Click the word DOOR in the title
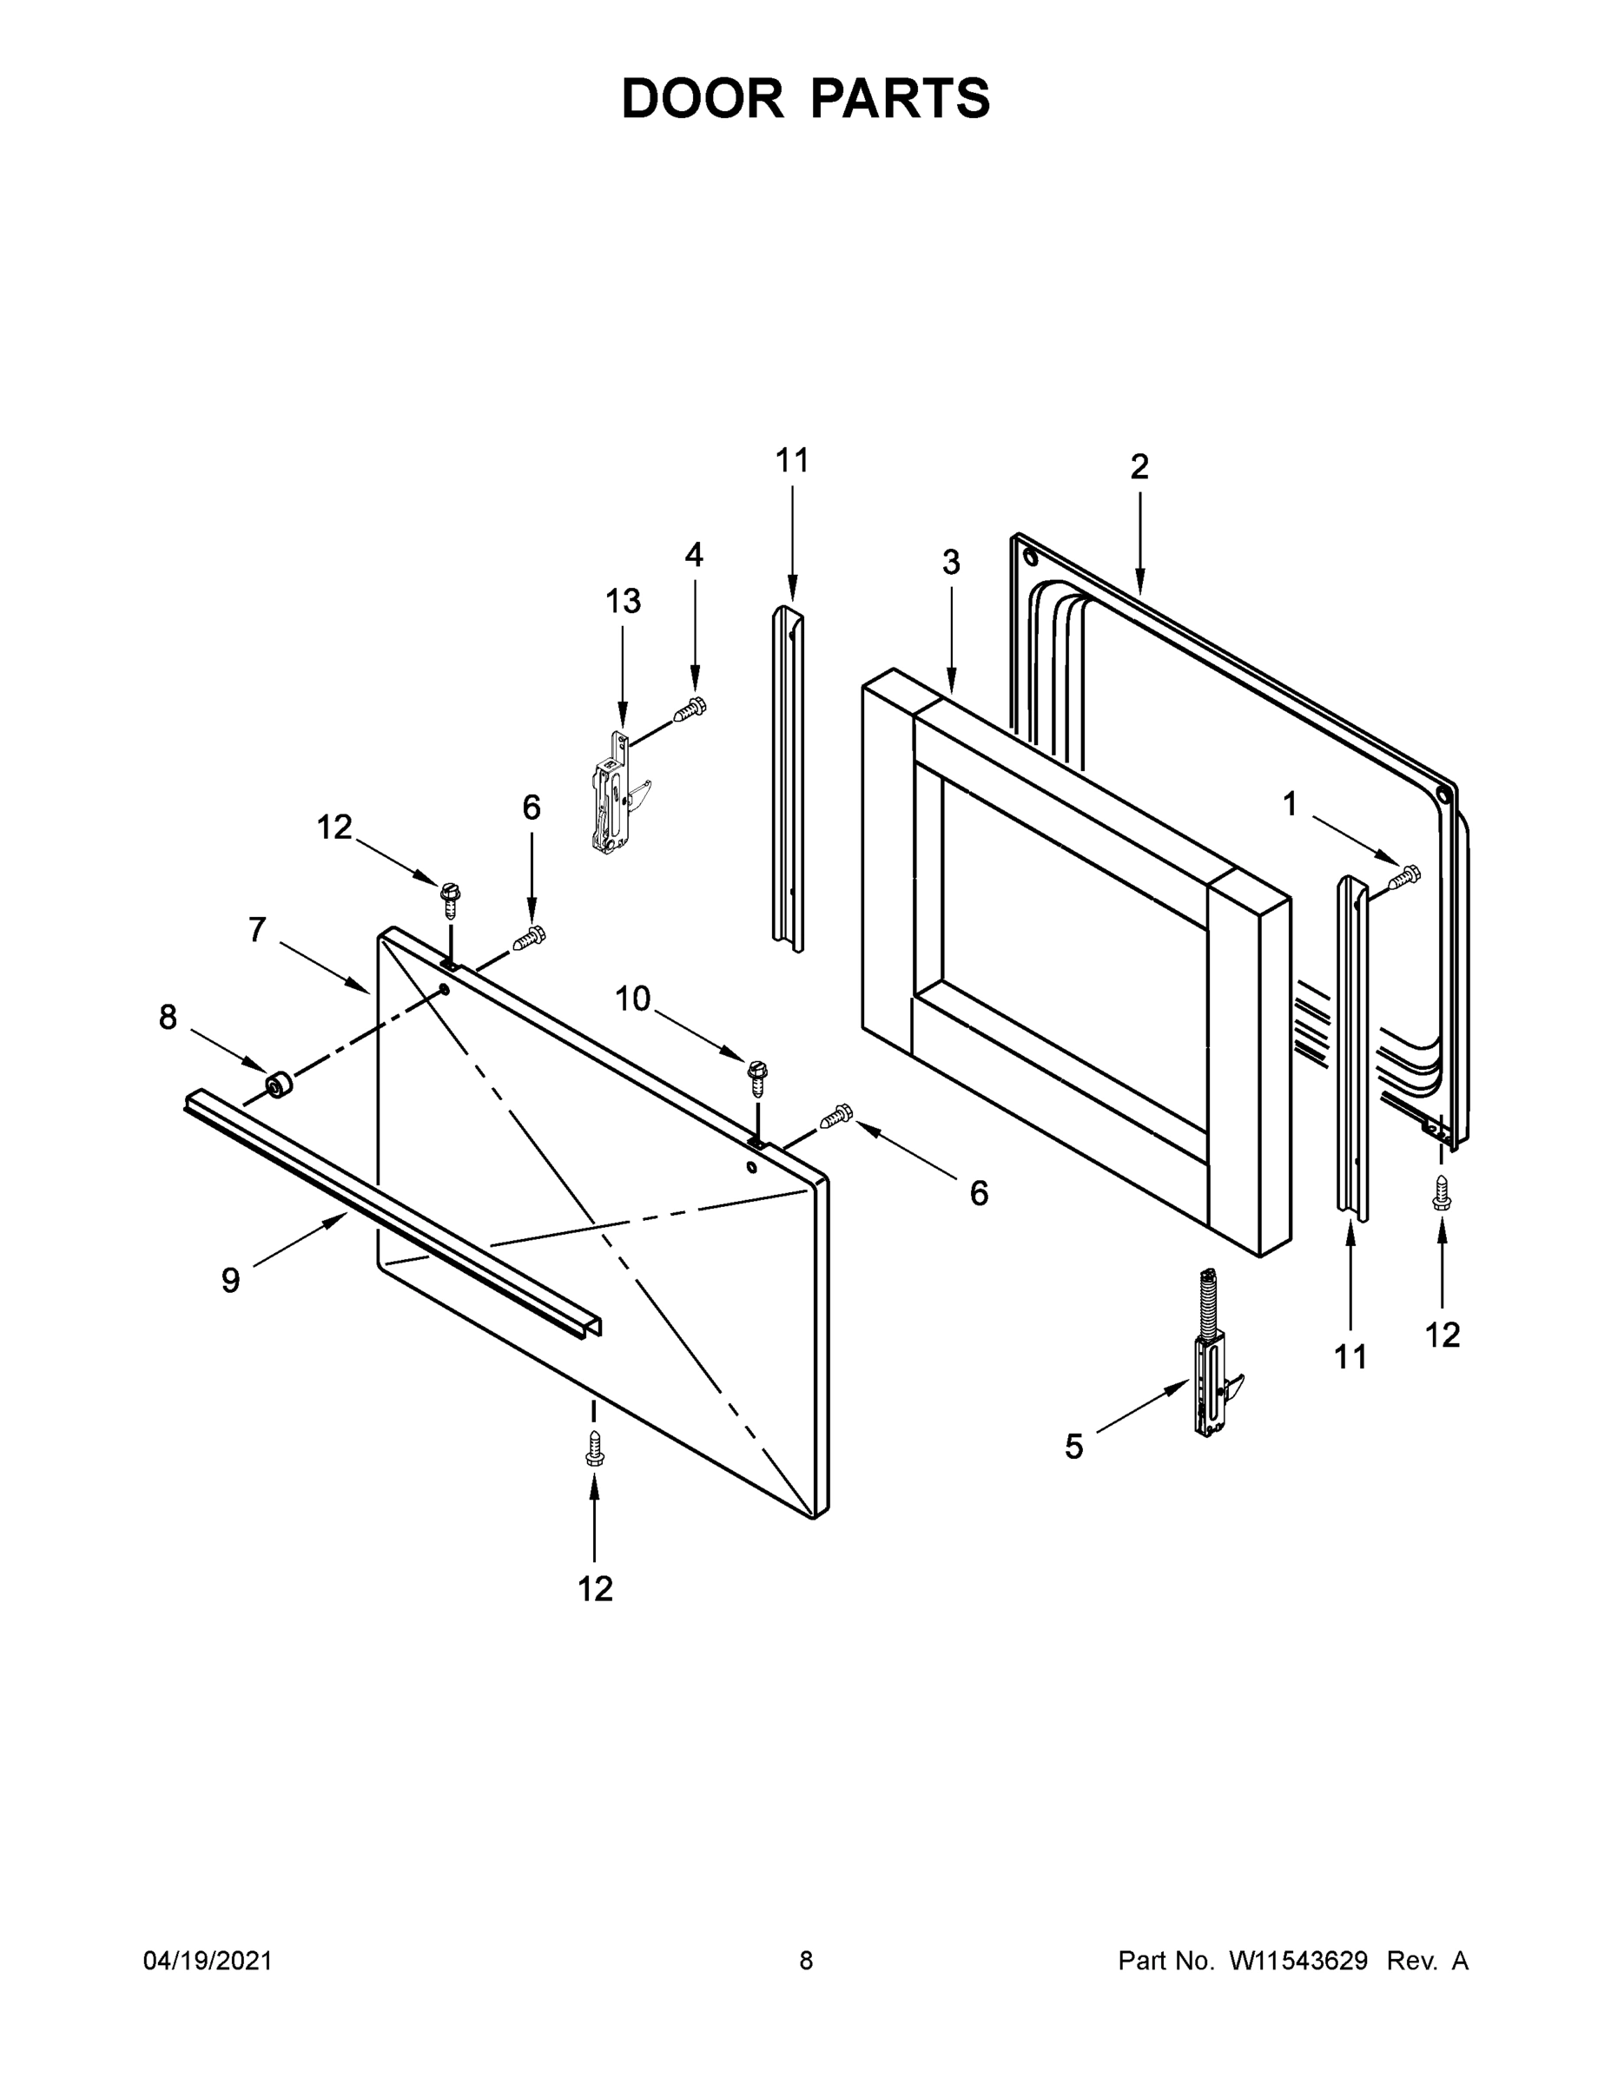[x=702, y=98]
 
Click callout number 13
[x=623, y=601]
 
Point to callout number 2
[x=1139, y=466]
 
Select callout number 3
[x=951, y=563]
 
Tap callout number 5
[x=1073, y=1447]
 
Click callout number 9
[x=230, y=1281]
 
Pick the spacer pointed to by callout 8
[x=279, y=1085]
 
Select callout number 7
[x=257, y=928]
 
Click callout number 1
[x=1290, y=804]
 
